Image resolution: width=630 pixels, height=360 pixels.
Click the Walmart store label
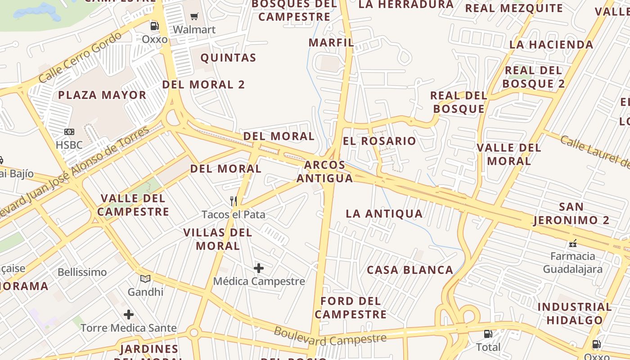(x=194, y=30)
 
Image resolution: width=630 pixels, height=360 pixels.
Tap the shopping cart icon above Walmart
(x=194, y=17)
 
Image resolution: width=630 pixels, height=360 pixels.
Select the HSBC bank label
(x=69, y=145)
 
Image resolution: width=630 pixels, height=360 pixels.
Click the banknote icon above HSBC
(x=69, y=132)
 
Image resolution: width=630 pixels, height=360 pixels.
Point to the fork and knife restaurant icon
(x=233, y=201)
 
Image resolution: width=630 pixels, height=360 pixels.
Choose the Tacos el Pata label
(x=233, y=215)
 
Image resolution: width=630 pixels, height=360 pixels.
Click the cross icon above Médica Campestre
(x=259, y=268)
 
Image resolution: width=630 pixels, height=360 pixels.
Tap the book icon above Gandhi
(x=145, y=279)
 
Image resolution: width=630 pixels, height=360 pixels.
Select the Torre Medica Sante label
(x=129, y=328)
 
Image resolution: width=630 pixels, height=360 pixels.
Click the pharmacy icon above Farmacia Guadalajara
(x=573, y=243)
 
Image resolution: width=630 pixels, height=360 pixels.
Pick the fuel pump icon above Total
(x=488, y=334)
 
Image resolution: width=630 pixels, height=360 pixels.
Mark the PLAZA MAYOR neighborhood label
(x=102, y=95)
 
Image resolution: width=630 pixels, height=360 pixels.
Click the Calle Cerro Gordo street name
(x=80, y=57)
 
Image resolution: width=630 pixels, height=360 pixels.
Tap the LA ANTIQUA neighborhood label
(x=384, y=214)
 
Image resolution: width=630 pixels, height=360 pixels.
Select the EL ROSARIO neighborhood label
(x=379, y=141)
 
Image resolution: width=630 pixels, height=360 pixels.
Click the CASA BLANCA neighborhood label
(x=410, y=270)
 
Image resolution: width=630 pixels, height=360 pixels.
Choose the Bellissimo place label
(x=82, y=272)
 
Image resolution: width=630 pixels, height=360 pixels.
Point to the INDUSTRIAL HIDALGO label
(x=575, y=314)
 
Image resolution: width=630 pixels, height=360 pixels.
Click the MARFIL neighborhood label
(x=331, y=43)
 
